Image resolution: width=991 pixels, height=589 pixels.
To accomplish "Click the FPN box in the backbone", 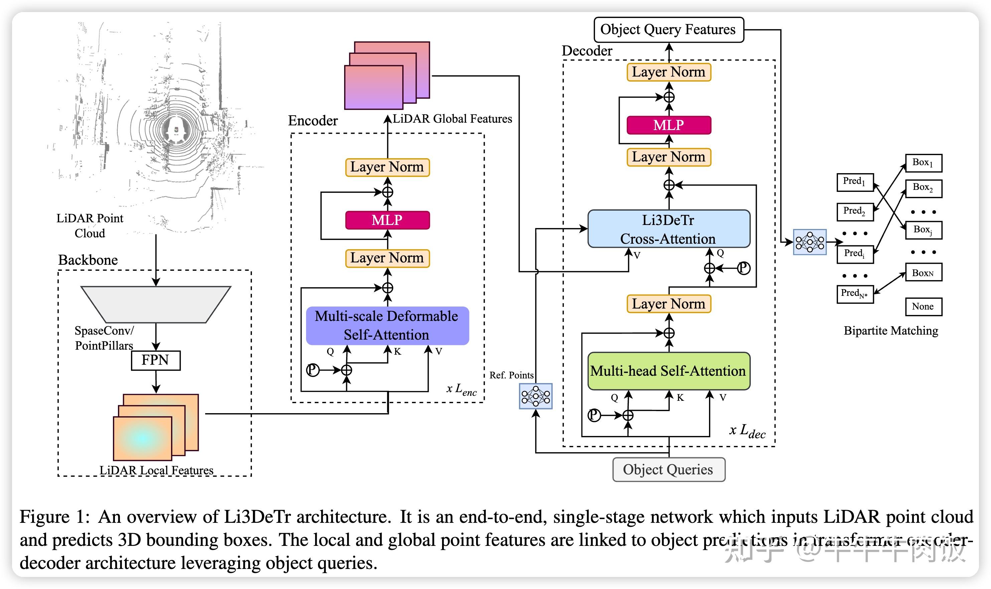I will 155,360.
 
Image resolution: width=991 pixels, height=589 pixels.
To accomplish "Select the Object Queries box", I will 669,470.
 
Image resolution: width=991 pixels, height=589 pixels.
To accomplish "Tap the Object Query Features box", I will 669,30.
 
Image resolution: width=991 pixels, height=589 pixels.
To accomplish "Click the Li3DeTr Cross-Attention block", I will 669,229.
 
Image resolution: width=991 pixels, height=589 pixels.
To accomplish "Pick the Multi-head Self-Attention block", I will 669,371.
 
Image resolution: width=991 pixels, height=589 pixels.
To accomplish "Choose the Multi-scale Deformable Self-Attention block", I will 387,326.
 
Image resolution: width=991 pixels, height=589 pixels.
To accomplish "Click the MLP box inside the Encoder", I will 387,220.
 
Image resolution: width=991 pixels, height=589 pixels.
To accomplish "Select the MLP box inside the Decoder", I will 669,125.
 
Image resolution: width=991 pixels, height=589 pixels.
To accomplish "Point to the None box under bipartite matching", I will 923,307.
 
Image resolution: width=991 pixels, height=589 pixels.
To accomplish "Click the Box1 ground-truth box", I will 923,163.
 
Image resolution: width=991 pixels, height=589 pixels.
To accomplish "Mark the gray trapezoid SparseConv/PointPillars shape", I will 155,304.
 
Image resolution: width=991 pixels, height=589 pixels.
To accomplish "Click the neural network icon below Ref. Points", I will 536,396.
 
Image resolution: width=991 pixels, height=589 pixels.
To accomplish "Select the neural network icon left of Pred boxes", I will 810,242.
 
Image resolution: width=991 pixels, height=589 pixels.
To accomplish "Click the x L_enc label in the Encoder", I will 461,389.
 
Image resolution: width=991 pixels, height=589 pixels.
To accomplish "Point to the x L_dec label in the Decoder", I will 747,431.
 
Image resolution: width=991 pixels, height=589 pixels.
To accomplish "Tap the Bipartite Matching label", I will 891,331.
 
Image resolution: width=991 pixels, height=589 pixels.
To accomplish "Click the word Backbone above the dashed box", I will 88,260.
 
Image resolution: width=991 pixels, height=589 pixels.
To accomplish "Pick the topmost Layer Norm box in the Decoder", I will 669,72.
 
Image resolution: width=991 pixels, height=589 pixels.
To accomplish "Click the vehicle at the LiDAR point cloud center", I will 176,129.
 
